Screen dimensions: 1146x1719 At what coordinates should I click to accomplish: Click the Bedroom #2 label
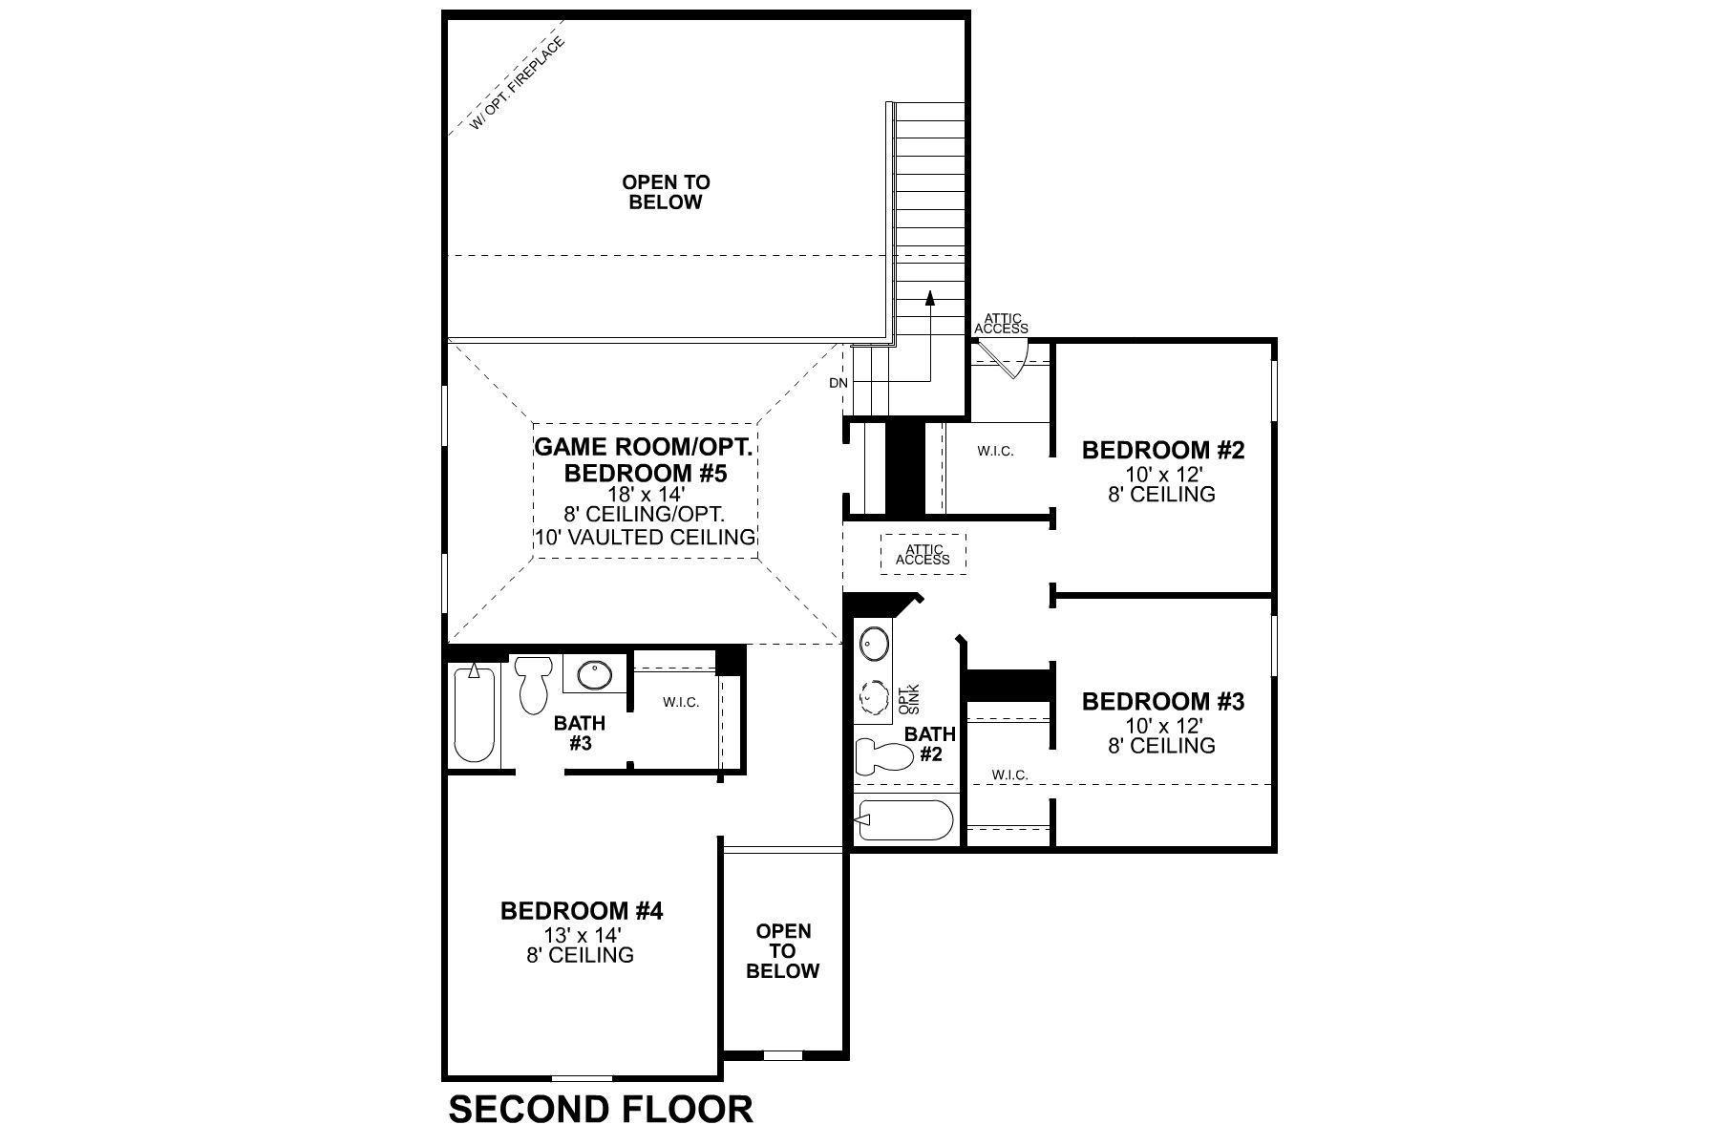coord(1162,450)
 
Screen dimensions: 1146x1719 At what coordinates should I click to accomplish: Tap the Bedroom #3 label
coord(1162,702)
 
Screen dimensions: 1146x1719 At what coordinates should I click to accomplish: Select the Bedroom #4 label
coord(581,911)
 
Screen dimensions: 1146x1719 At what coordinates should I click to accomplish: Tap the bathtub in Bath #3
coord(475,711)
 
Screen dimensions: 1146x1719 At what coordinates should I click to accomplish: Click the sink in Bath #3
coord(594,674)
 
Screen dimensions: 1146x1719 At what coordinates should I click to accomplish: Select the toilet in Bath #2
coord(882,756)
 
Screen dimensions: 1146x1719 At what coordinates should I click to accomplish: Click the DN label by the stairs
coord(838,383)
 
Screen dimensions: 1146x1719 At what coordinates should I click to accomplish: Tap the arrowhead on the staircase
coord(929,299)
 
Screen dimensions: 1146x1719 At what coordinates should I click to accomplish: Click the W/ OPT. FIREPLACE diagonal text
coord(518,83)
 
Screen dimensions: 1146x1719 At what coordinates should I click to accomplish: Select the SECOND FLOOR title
coord(601,1110)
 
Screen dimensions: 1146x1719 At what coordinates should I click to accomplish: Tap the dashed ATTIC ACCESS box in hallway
coord(923,554)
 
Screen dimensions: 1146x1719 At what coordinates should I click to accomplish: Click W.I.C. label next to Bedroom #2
coord(995,451)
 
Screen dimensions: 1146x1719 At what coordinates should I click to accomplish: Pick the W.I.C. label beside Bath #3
coord(681,702)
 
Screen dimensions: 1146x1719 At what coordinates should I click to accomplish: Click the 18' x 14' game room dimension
coord(645,495)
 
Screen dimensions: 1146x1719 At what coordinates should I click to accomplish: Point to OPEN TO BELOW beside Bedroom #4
coord(782,950)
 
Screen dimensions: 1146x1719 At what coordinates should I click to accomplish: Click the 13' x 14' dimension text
coord(581,934)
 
